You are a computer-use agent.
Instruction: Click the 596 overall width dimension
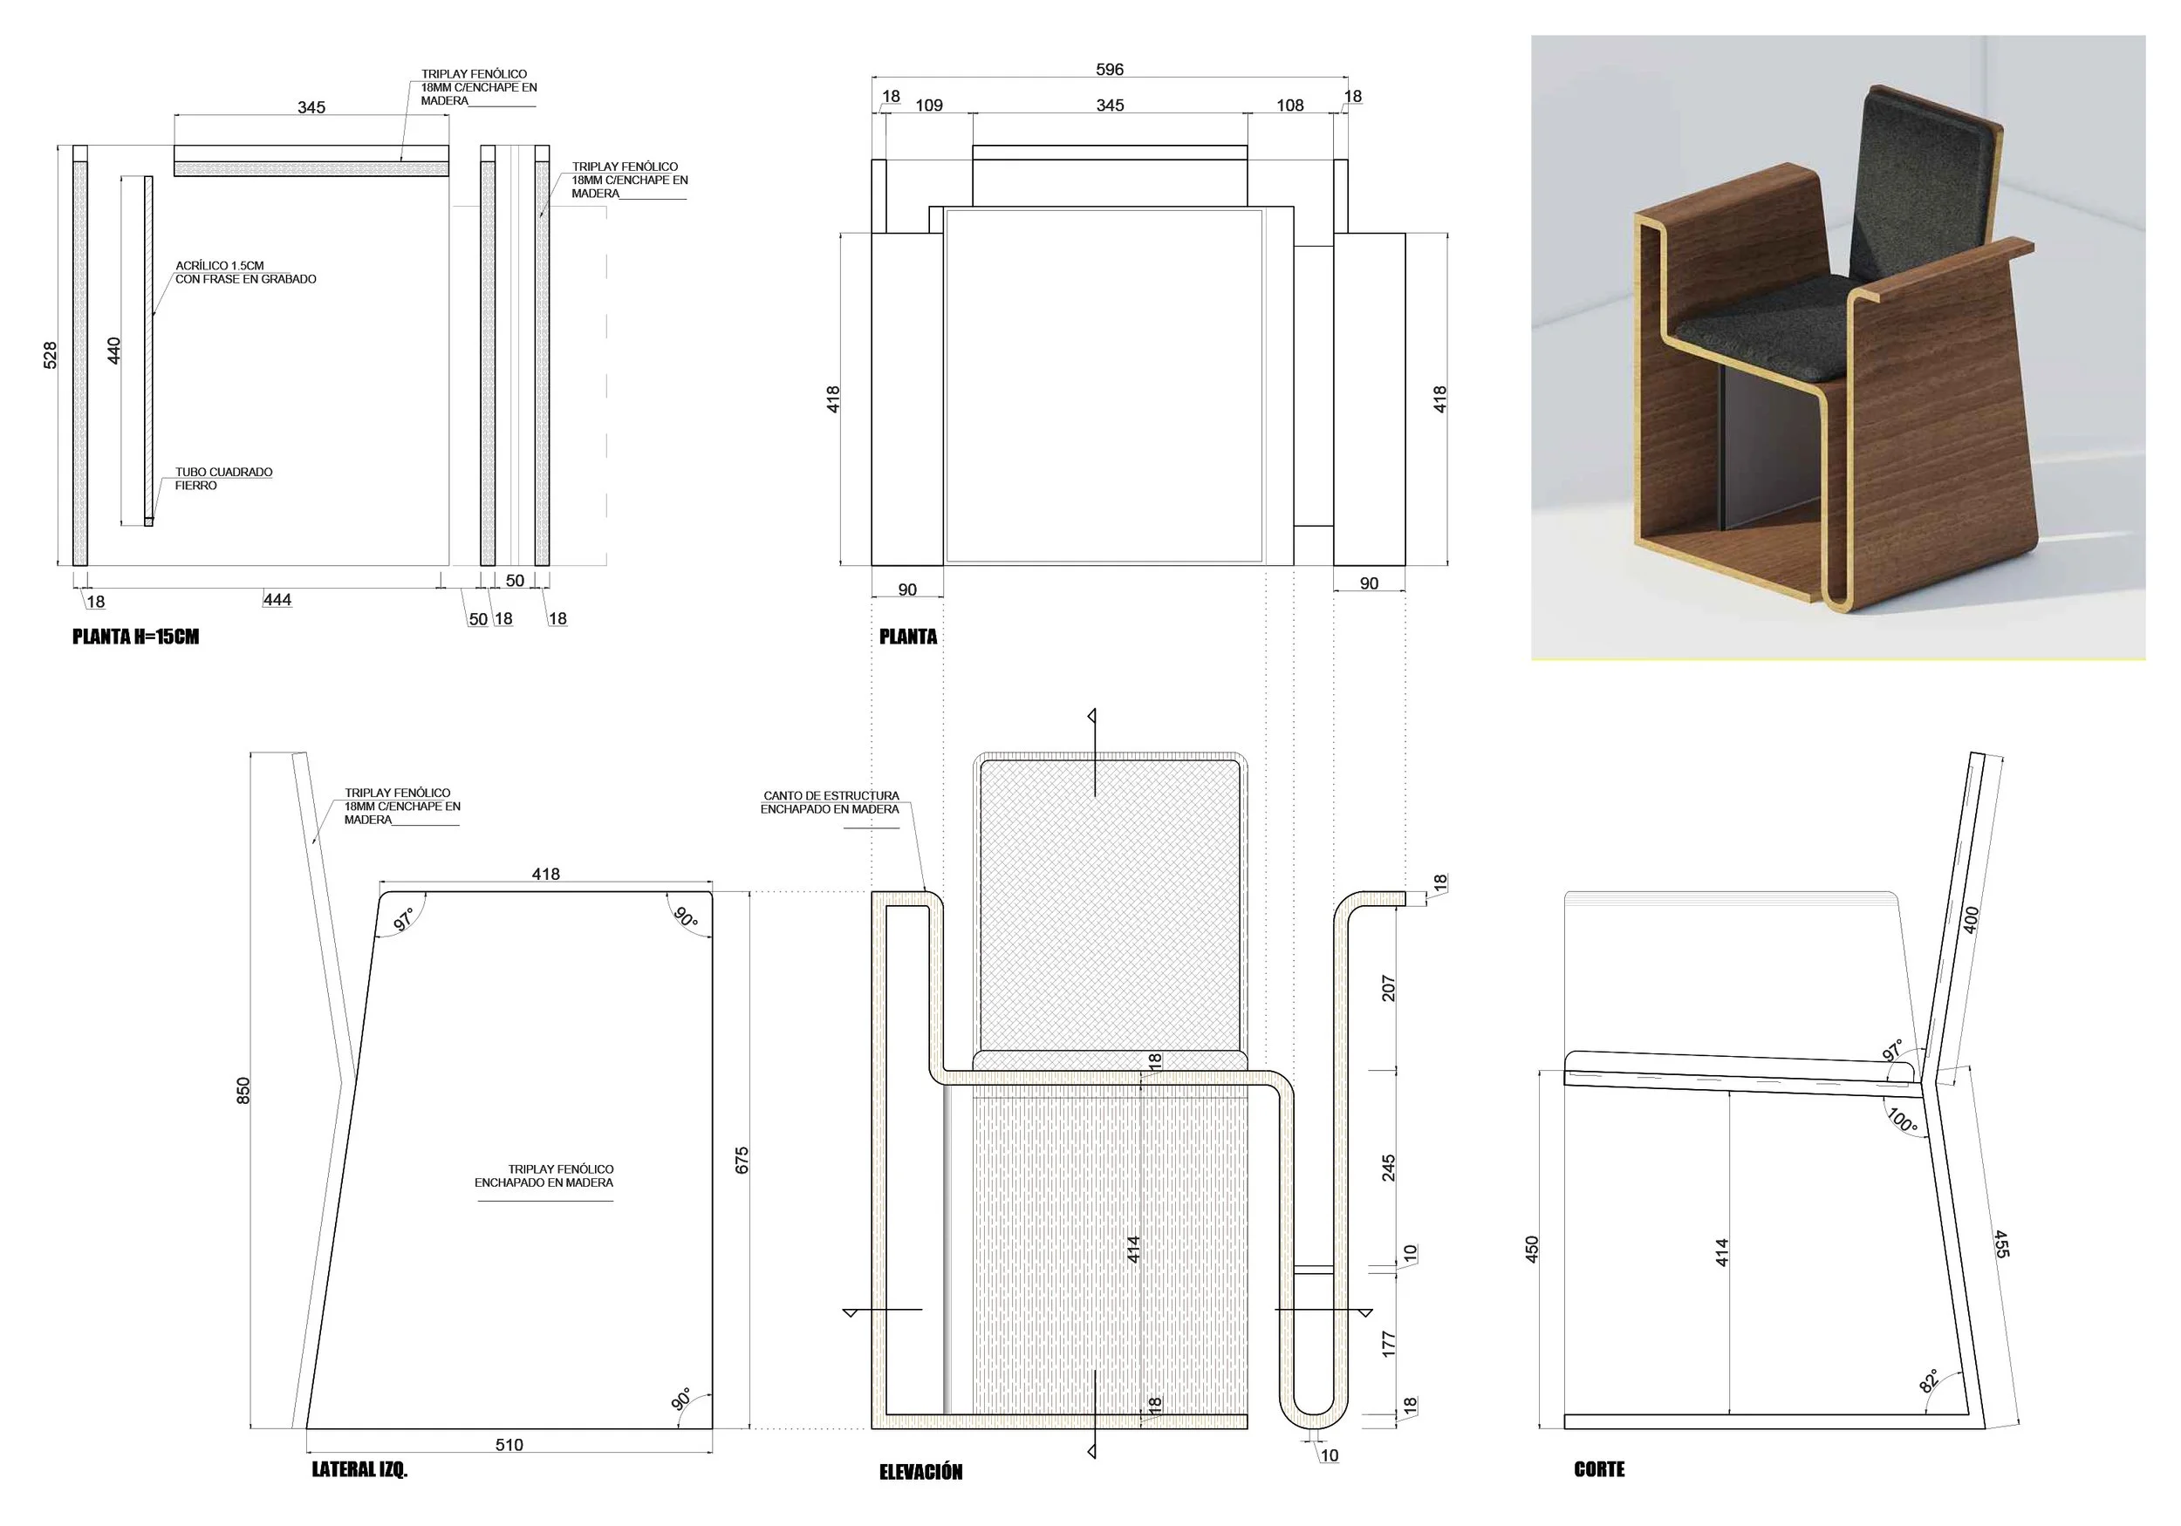(x=1109, y=69)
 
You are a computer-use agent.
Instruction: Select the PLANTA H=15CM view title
(x=135, y=637)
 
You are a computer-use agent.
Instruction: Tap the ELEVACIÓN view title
(x=920, y=1472)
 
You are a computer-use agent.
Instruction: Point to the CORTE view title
(x=1599, y=1469)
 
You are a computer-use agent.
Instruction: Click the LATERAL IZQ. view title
(x=359, y=1469)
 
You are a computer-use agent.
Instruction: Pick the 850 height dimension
(x=243, y=1089)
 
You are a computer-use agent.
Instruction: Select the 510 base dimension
(x=509, y=1444)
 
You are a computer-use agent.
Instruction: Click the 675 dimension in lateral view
(x=742, y=1160)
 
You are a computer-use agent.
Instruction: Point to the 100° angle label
(x=1902, y=1120)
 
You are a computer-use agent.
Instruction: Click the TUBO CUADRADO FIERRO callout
(x=223, y=479)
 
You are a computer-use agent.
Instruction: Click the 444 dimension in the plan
(x=277, y=599)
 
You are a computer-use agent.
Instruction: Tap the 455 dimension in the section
(x=2000, y=1244)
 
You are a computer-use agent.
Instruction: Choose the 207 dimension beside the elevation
(x=1388, y=989)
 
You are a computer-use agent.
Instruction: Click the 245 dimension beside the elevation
(x=1388, y=1167)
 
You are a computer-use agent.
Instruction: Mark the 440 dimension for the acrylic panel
(x=114, y=350)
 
